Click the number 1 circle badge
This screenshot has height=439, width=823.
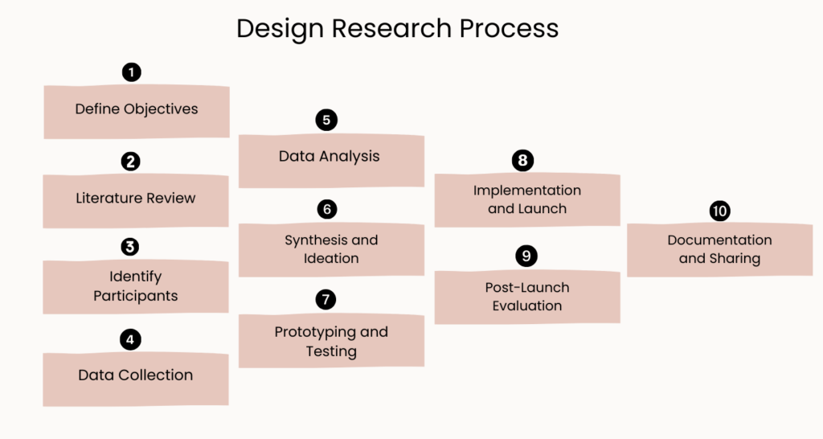[x=132, y=72]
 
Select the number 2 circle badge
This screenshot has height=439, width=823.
[x=131, y=162]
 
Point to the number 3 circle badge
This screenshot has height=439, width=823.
[x=131, y=247]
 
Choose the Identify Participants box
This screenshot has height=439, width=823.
[x=136, y=286]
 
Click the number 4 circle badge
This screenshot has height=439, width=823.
[x=131, y=339]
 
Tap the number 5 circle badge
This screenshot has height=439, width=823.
[x=326, y=121]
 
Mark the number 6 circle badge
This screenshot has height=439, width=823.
[x=326, y=209]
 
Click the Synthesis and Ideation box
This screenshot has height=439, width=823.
[x=330, y=249]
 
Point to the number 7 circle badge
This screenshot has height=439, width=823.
[x=326, y=299]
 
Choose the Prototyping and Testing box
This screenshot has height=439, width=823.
[x=330, y=341]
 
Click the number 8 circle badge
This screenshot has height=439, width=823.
[x=522, y=160]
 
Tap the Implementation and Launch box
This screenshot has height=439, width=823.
[x=527, y=199]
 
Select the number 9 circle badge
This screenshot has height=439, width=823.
[x=526, y=256]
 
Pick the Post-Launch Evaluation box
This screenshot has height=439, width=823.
[x=527, y=297]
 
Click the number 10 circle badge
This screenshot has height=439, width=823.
[x=719, y=211]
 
